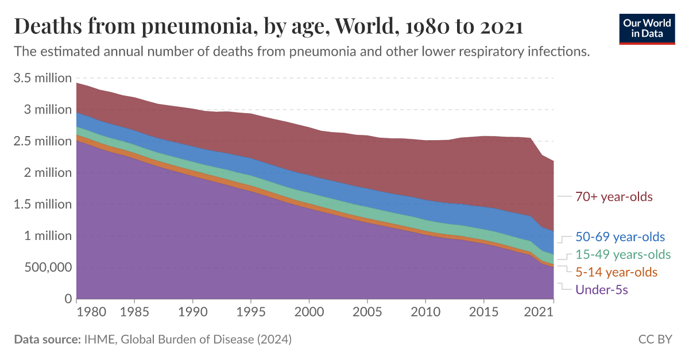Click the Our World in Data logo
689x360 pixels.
tap(647, 28)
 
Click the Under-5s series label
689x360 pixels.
tap(602, 289)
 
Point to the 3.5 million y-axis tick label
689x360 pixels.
tap(42, 78)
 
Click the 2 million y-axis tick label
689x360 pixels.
tap(48, 173)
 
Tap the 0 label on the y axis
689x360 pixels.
tap(67, 299)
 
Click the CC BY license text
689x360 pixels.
tap(655, 339)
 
